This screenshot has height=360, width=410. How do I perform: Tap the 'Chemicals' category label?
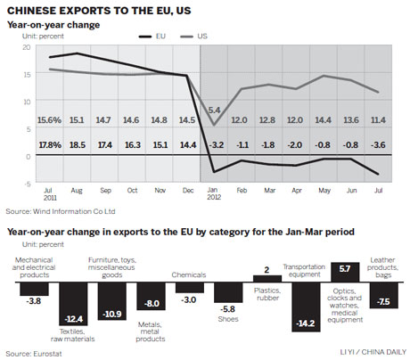pos(189,275)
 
